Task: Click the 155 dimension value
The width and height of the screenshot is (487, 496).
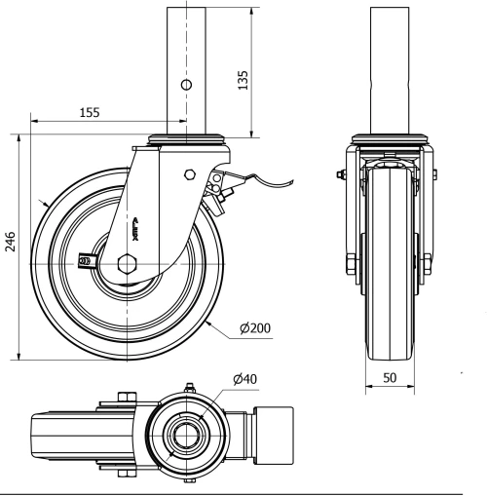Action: pos(90,113)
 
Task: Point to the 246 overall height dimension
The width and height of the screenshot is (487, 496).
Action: pos(9,243)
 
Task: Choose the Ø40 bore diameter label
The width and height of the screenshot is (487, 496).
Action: pos(244,379)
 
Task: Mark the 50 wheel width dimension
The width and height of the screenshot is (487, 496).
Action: pos(389,376)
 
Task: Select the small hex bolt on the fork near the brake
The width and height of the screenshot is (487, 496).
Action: pos(189,176)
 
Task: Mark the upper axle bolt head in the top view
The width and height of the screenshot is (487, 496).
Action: pos(125,397)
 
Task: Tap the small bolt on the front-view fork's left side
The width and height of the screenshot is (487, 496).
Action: pos(339,176)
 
